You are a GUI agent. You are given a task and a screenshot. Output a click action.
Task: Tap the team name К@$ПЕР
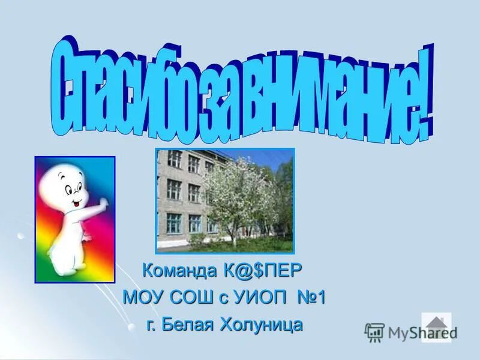pyautogui.click(x=268, y=272)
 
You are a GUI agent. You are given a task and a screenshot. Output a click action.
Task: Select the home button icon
pyautogui.click(x=436, y=327)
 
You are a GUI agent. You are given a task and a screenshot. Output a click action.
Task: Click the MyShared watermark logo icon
pyautogui.click(x=374, y=331)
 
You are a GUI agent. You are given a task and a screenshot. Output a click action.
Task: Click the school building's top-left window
pyautogui.click(x=174, y=159)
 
